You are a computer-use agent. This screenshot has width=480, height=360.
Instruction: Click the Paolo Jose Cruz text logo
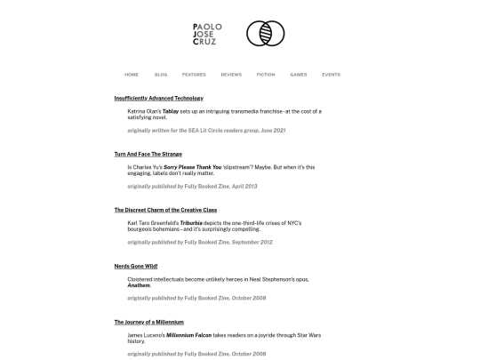204,34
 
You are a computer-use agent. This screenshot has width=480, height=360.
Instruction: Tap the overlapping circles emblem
265,34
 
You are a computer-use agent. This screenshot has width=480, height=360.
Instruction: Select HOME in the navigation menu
132,75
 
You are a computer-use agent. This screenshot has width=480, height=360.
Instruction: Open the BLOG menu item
161,75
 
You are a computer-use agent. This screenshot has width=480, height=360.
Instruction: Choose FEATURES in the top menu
194,75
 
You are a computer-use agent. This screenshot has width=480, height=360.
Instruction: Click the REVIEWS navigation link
231,75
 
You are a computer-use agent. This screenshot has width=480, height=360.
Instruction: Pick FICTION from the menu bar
266,75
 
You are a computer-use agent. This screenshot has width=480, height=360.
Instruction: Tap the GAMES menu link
299,75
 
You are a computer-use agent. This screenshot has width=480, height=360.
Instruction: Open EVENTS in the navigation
331,75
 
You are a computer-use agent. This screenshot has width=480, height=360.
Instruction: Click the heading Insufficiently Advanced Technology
159,98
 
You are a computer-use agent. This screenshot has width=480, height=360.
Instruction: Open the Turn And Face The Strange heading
148,154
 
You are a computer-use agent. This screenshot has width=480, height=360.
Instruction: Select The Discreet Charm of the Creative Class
165,210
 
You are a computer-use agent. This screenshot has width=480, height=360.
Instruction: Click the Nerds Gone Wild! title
136,266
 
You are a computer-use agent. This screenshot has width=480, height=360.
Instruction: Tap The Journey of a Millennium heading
148,321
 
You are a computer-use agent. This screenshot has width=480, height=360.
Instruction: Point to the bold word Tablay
171,111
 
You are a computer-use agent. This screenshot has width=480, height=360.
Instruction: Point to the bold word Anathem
139,285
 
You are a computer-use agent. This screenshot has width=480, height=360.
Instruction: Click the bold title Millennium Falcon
189,334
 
